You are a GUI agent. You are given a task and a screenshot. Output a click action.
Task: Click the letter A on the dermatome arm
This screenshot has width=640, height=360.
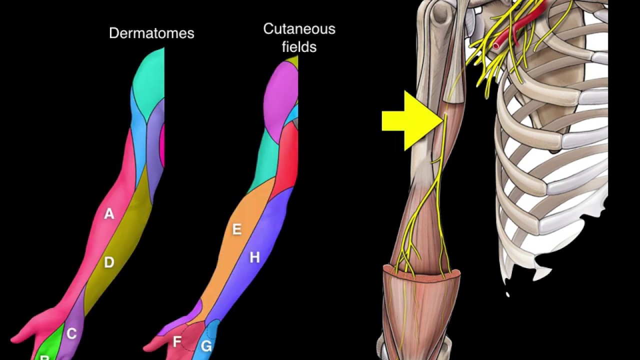click(x=109, y=214)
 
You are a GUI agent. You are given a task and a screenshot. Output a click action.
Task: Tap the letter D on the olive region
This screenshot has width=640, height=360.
click(x=109, y=262)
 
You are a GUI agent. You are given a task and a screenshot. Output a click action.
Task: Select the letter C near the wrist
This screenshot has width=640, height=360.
click(x=71, y=333)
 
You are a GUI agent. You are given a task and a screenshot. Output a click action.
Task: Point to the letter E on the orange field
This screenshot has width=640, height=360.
click(x=237, y=229)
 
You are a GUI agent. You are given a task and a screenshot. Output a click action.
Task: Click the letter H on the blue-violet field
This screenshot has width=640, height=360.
click(x=254, y=257)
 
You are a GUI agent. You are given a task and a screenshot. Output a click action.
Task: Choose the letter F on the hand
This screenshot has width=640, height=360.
click(x=176, y=342)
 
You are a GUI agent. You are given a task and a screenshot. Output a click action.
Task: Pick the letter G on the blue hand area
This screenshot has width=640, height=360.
click(x=206, y=346)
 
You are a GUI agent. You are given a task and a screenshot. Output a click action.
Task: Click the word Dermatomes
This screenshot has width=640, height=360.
click(x=151, y=33)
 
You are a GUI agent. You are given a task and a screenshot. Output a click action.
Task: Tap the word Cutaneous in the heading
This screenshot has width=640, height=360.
click(x=299, y=29)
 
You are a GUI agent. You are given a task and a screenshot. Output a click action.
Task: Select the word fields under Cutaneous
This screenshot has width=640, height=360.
click(x=299, y=47)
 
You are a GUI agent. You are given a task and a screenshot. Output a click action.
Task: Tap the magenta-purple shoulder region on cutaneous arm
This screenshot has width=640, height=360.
click(x=280, y=100)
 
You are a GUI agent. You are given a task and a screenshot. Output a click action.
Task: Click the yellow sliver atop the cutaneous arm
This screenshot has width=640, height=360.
click(x=292, y=61)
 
